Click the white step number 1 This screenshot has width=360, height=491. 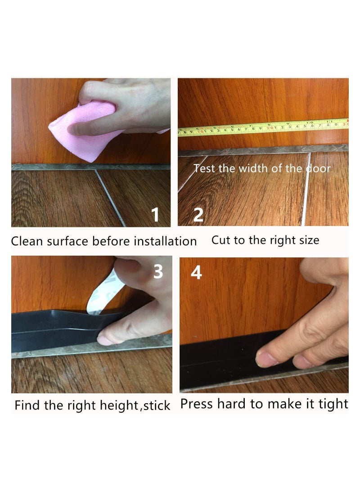pyautogui.click(x=155, y=215)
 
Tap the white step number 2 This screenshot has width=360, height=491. pyautogui.click(x=198, y=215)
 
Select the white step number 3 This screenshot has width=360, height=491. pyautogui.click(x=158, y=271)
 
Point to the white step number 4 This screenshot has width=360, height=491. pyautogui.click(x=196, y=272)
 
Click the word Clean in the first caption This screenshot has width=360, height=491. pyautogui.click(x=27, y=241)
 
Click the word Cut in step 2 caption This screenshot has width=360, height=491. pyautogui.click(x=220, y=240)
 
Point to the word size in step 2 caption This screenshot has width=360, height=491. pyautogui.click(x=307, y=240)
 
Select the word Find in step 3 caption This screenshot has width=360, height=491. pyautogui.click(x=26, y=405)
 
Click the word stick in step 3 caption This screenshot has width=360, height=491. pyautogui.click(x=157, y=405)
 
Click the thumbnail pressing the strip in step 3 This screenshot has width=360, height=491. pyautogui.click(x=105, y=340)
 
